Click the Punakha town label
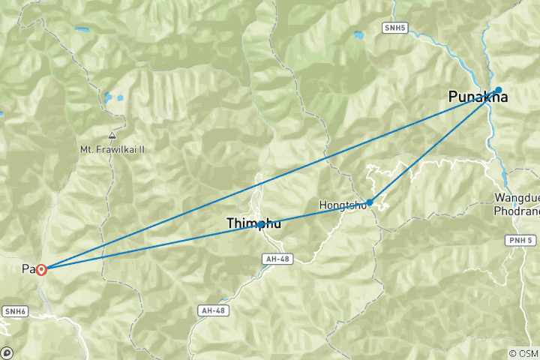[x=478, y=97]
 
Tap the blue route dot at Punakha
[x=498, y=90]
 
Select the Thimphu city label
[x=253, y=223]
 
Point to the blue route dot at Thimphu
[x=260, y=224]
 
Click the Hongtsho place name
[x=342, y=205]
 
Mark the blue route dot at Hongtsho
[x=370, y=202]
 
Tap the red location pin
[x=41, y=269]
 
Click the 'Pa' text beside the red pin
[x=28, y=268]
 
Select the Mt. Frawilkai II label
[x=112, y=149]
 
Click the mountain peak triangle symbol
[x=112, y=136]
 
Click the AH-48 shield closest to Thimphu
[x=276, y=259]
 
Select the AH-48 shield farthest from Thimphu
[x=212, y=310]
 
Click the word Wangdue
[x=514, y=198]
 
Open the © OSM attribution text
[x=523, y=353]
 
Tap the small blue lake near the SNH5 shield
[x=359, y=35]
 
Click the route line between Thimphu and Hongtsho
[x=315, y=213]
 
